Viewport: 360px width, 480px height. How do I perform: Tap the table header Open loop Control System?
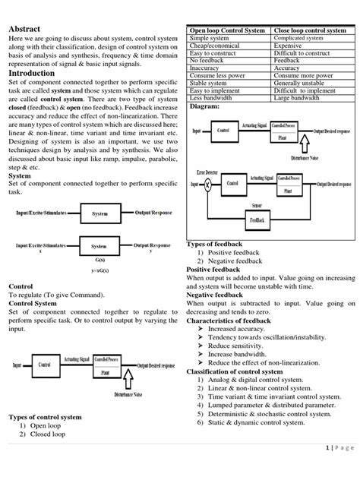point(226,30)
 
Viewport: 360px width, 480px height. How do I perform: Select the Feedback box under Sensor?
point(257,219)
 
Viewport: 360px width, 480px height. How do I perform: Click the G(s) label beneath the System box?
point(100,260)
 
